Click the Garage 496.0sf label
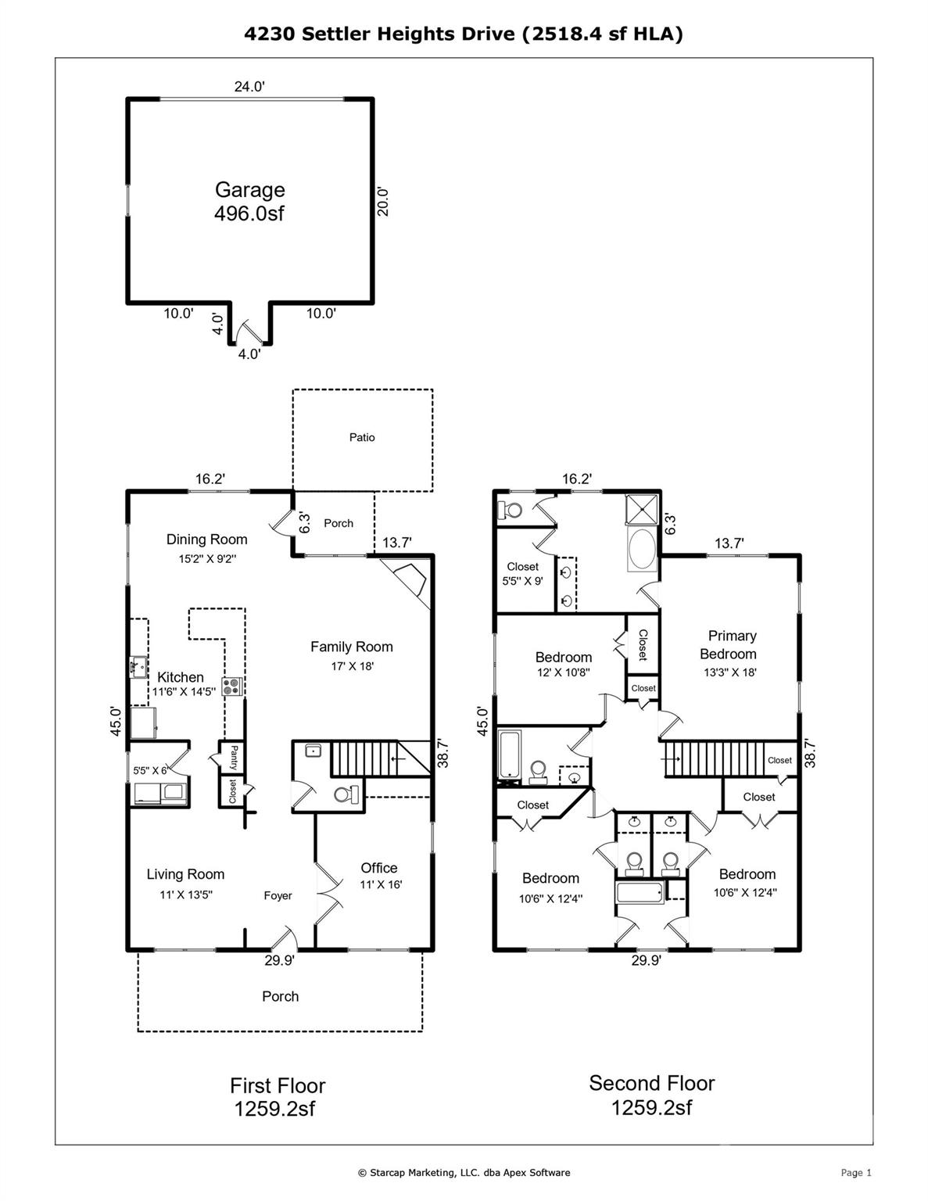[x=249, y=201]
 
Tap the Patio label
[x=362, y=438]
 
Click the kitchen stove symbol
[x=232, y=687]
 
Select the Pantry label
[x=233, y=757]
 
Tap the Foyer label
[x=278, y=896]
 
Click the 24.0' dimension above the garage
[x=249, y=87]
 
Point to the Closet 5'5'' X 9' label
[x=522, y=573]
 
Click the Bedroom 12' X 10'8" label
[x=563, y=664]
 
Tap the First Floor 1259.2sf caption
[x=277, y=1096]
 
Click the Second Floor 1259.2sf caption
[x=651, y=1095]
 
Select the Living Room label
[x=186, y=883]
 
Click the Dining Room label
[x=206, y=547]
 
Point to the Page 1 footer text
[x=855, y=1172]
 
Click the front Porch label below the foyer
[x=280, y=996]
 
